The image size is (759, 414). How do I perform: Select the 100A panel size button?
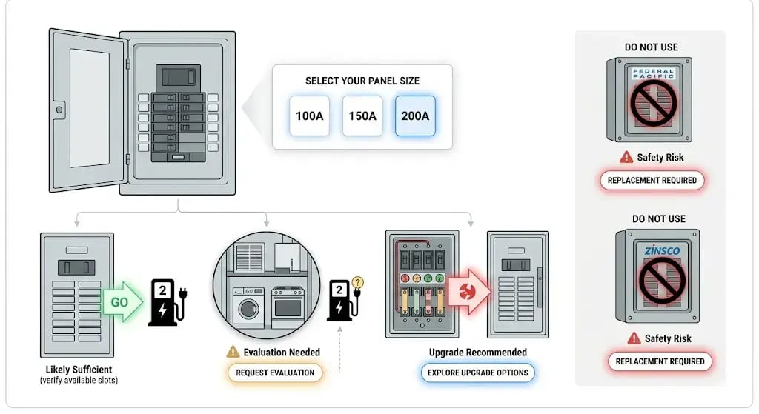click(x=309, y=116)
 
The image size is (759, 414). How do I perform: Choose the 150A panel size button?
click(x=362, y=116)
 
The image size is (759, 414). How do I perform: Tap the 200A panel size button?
click(x=415, y=116)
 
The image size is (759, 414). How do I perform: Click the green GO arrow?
click(x=123, y=301)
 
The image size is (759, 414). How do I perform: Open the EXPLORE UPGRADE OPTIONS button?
click(x=478, y=373)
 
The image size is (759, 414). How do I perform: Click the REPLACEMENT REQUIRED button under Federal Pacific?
click(x=652, y=181)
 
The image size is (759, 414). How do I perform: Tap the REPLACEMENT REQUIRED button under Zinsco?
click(x=660, y=361)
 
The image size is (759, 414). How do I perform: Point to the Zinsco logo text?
click(x=662, y=250)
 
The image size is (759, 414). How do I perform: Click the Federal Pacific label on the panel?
click(x=653, y=73)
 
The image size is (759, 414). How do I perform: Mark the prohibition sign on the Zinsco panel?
click(x=662, y=280)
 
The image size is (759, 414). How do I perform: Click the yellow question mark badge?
click(x=358, y=282)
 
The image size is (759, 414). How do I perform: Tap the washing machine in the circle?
click(x=248, y=307)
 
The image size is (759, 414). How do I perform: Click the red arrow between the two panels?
click(x=469, y=292)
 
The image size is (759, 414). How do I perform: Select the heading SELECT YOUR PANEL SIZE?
click(x=362, y=81)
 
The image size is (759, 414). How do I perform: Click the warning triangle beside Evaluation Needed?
click(x=233, y=352)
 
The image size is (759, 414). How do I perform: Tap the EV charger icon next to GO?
click(x=167, y=302)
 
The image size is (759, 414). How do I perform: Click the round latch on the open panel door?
click(x=59, y=110)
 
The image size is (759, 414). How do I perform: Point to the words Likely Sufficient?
click(x=79, y=370)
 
